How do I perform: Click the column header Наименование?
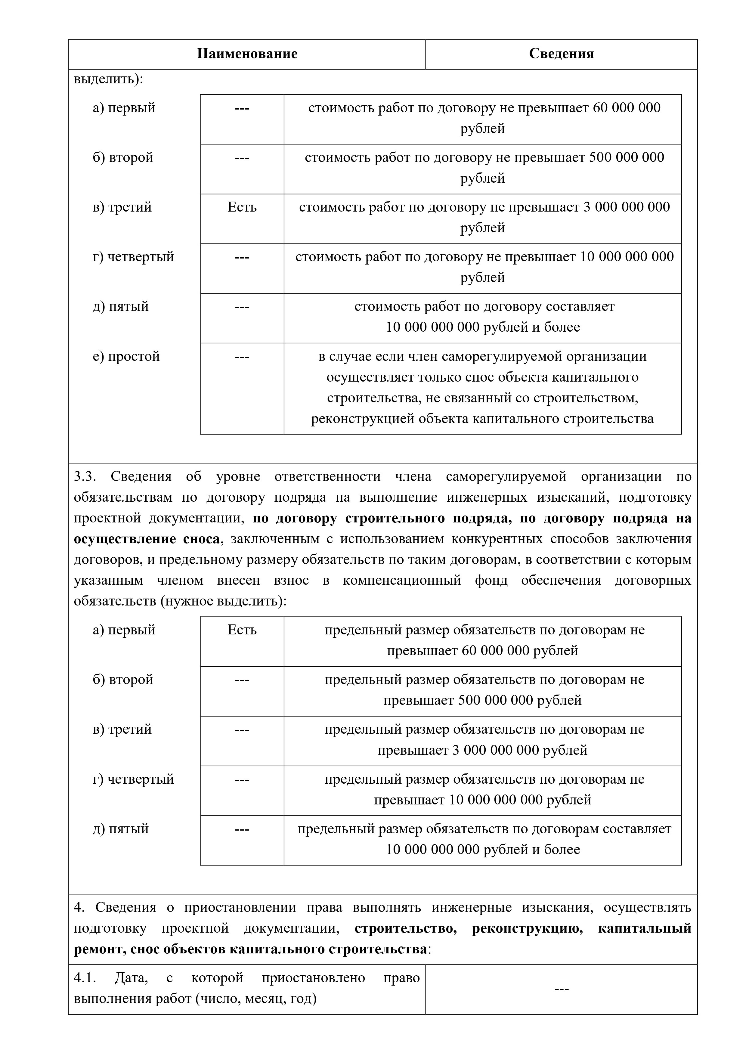[247, 54]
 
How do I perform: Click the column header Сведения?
[561, 54]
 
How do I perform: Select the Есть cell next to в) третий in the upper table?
[242, 207]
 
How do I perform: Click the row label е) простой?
[126, 356]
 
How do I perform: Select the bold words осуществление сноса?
[146, 539]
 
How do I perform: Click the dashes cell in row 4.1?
[561, 989]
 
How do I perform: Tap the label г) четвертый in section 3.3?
[133, 779]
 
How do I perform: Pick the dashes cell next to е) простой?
[242, 356]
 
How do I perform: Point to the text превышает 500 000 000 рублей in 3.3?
[482, 701]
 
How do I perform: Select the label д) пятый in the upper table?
[120, 306]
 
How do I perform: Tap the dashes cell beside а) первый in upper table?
[242, 108]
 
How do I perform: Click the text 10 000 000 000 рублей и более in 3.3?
[482, 850]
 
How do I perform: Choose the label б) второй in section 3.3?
[122, 680]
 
